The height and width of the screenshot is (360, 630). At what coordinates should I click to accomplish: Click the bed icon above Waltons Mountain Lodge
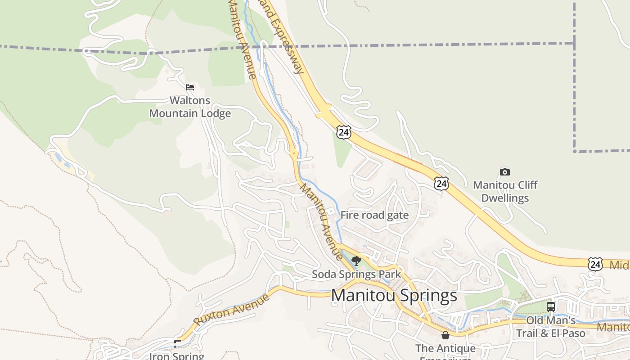coord(190,87)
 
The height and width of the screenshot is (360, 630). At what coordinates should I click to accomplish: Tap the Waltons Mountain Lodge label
coord(190,107)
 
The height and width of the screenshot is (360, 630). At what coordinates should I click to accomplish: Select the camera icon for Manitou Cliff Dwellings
coord(505,172)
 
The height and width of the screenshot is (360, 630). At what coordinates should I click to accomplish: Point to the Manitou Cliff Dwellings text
coord(505,191)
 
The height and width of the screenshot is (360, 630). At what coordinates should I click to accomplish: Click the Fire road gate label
coord(374,215)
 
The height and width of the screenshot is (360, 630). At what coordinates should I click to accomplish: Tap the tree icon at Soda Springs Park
coord(356,261)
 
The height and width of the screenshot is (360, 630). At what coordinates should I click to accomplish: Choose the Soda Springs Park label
coord(356,274)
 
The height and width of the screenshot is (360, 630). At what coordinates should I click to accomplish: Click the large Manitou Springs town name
coord(394,296)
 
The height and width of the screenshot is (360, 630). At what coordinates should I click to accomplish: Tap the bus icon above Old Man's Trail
coord(550,307)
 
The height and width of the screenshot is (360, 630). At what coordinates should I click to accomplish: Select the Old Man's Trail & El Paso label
coord(550,327)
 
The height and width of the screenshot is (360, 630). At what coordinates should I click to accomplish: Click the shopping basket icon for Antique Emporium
coord(445,335)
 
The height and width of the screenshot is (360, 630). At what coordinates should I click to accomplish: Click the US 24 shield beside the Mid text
coord(595,264)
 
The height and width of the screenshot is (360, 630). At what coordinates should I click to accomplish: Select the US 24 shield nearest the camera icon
coord(441,183)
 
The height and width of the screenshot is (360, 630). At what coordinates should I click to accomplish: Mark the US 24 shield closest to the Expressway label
coord(343,132)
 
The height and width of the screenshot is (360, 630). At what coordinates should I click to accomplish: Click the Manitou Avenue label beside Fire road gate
coord(321,221)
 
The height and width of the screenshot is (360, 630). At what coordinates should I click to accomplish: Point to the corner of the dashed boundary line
coord(575,151)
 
